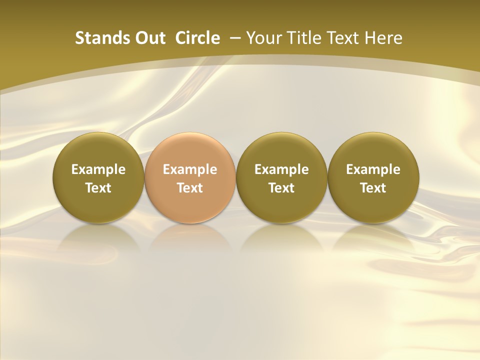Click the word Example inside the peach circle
pos(190,169)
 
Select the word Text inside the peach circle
pos(190,188)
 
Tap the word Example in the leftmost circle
pos(98,169)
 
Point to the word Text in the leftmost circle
pos(98,188)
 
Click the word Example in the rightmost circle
pos(373,169)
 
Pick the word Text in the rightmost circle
pos(373,188)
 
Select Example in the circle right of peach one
pos(281,169)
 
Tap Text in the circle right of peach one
pos(281,188)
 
